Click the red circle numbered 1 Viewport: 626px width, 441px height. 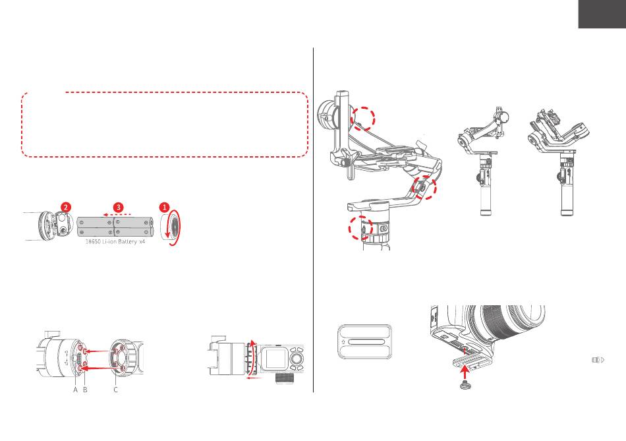(x=165, y=208)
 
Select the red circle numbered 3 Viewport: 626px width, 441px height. (x=118, y=208)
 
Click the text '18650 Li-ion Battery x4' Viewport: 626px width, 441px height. (x=115, y=242)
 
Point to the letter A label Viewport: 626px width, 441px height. (x=76, y=390)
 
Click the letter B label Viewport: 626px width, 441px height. (x=85, y=390)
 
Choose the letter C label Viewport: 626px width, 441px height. (x=116, y=390)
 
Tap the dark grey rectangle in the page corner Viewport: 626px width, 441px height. (x=602, y=14)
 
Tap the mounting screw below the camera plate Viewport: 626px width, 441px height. (x=464, y=386)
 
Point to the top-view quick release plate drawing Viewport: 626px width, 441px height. (x=365, y=342)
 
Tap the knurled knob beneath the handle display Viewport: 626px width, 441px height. (x=285, y=379)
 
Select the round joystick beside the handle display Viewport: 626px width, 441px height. (x=296, y=359)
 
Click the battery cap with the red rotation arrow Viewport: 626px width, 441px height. (x=169, y=227)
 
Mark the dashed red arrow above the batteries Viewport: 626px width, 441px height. (x=117, y=214)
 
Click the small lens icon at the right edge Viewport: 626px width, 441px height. (x=598, y=360)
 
